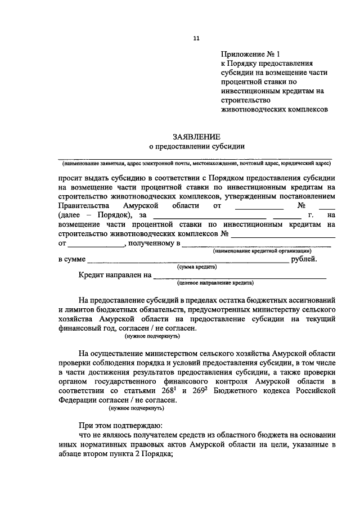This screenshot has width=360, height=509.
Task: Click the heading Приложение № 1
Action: pos(250,54)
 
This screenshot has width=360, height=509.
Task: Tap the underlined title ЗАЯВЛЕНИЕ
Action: pos(196,136)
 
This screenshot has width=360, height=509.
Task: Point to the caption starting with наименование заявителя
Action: pos(196,163)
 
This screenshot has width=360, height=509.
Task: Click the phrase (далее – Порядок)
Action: pos(94,215)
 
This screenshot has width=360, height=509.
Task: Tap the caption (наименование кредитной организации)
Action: pos(262,251)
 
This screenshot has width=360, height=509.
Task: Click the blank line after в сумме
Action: pos(188,260)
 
